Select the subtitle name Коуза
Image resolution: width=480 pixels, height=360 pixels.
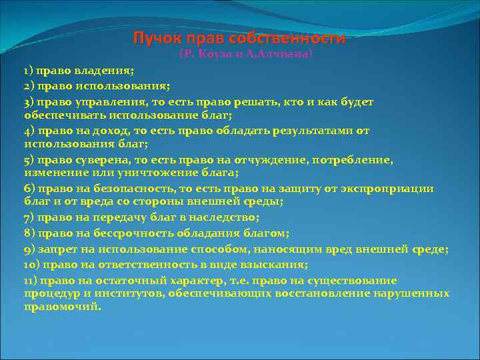pyautogui.click(x=214, y=54)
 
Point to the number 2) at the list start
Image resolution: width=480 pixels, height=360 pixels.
pyautogui.click(x=29, y=86)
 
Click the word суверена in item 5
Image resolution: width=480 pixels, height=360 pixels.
pyautogui.click(x=95, y=160)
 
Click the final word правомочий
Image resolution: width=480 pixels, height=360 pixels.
pyautogui.click(x=62, y=307)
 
